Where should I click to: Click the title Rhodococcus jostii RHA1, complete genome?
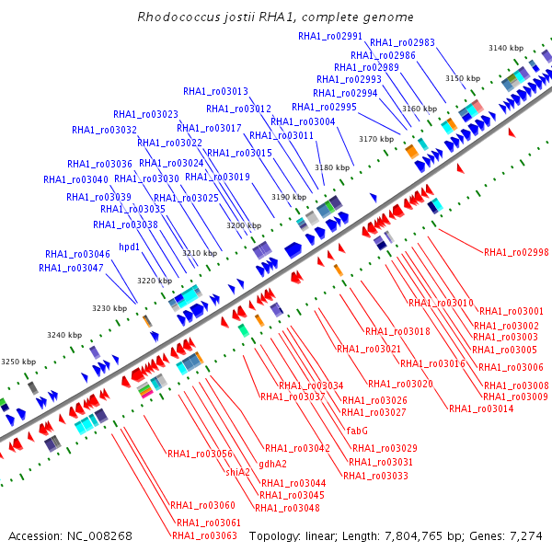click(275, 17)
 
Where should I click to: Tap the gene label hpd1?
click(130, 247)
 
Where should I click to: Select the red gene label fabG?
click(357, 430)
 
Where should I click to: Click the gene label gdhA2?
click(272, 464)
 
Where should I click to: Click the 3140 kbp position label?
click(506, 48)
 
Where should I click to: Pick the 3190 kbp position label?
click(288, 197)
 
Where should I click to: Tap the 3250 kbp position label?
click(17, 362)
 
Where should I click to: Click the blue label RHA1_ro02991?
click(330, 35)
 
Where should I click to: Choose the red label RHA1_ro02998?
click(516, 252)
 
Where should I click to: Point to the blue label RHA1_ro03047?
click(72, 268)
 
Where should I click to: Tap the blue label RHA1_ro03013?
click(215, 91)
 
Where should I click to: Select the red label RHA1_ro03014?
click(481, 408)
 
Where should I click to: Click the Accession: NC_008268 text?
click(71, 535)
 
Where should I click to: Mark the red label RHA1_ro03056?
click(200, 454)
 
